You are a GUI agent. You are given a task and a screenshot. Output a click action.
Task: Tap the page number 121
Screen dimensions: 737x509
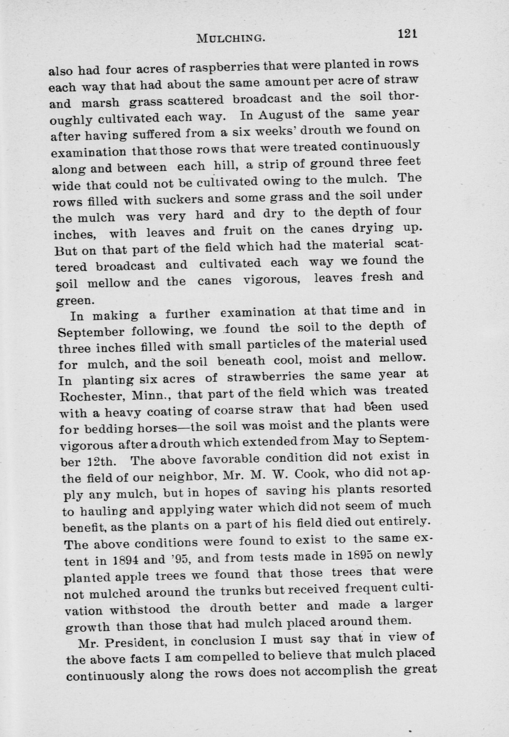click(x=407, y=34)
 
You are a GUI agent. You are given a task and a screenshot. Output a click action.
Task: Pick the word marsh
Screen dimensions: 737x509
click(x=100, y=103)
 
